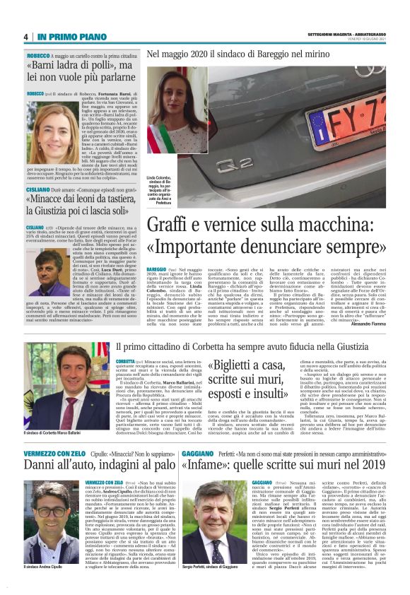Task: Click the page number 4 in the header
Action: tap(25, 37)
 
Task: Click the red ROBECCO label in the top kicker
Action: tap(38, 54)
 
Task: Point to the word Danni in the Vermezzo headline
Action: tap(45, 465)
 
